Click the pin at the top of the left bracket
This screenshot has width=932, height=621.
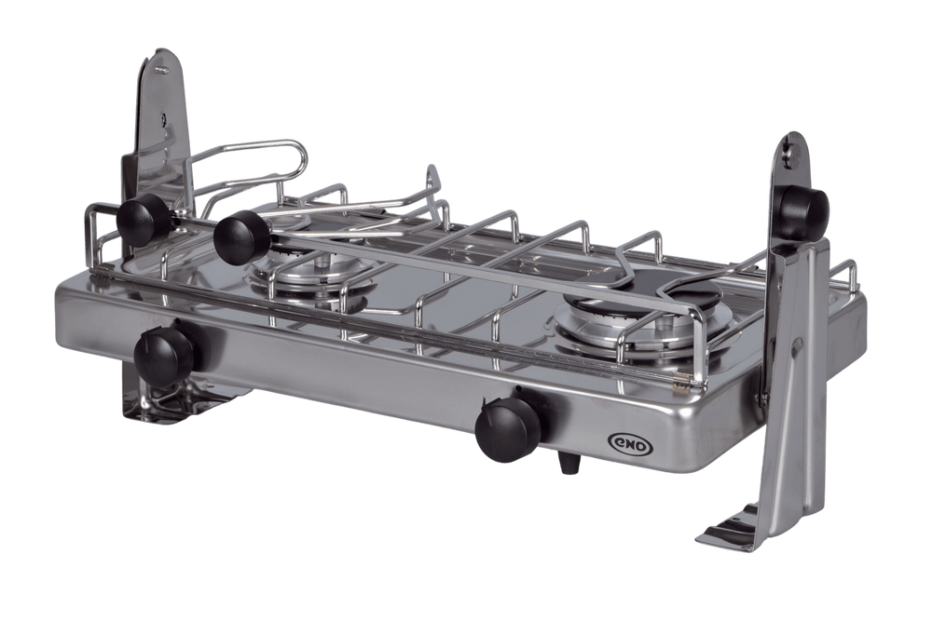(158, 70)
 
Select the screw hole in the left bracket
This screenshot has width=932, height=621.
(163, 117)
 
